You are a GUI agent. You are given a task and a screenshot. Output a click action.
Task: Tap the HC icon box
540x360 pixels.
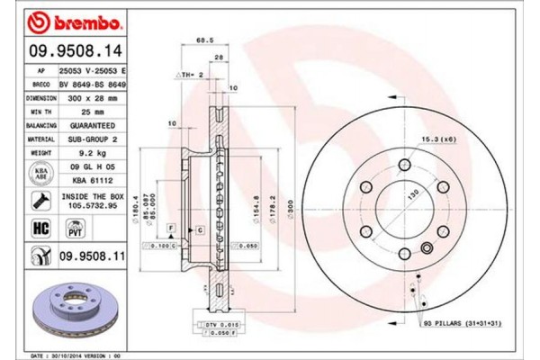40,229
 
